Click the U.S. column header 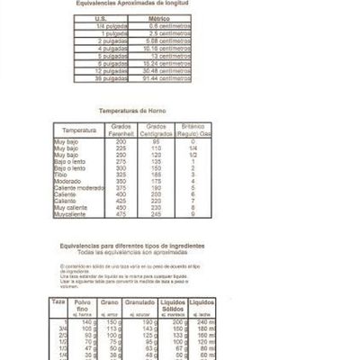point(100,18)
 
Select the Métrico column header point(158,18)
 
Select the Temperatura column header point(79,130)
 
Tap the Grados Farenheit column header point(122,130)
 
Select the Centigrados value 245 point(156,214)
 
